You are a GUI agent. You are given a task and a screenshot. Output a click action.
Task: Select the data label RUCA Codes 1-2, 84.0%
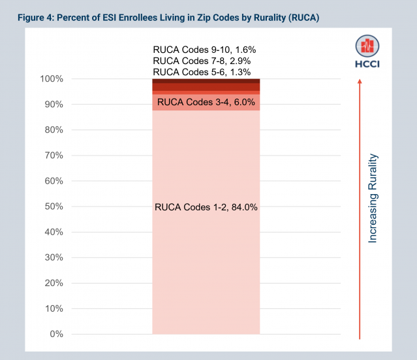[x=206, y=207]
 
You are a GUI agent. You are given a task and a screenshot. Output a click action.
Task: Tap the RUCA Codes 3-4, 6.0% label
[x=207, y=103]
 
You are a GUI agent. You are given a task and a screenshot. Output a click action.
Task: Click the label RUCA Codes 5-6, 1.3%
[x=206, y=72]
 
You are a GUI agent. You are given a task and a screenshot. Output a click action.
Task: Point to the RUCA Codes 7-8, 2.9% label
[x=206, y=60]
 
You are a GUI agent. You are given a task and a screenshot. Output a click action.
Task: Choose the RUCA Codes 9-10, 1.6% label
[x=206, y=48]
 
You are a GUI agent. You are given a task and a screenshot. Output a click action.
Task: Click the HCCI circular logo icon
[x=367, y=46]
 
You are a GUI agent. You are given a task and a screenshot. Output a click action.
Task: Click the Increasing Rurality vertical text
[x=373, y=199]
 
